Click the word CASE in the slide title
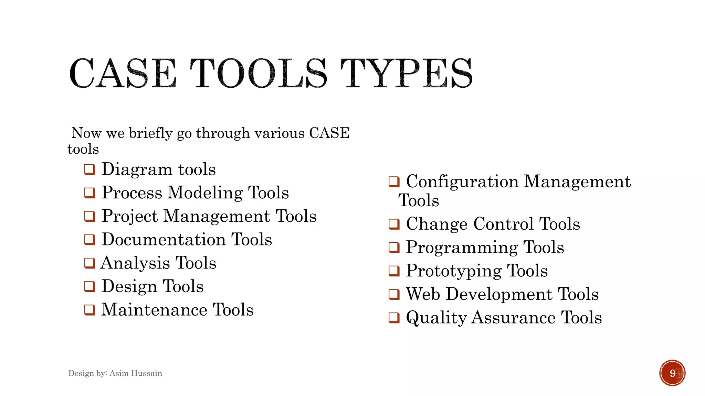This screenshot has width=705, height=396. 123,74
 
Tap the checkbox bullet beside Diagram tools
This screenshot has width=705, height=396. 90,169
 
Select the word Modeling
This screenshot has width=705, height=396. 205,193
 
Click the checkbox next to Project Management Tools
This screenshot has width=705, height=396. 90,216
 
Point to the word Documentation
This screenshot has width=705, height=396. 164,240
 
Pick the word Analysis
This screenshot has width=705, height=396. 135,263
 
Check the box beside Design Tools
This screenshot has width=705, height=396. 90,286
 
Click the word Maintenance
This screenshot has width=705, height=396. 154,310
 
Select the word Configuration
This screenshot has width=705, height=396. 462,181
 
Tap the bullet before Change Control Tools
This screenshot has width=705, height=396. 394,224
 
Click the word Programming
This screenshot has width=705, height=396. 462,247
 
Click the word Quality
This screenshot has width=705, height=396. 436,318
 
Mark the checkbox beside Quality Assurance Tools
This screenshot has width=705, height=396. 394,318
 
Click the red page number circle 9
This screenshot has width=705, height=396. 672,373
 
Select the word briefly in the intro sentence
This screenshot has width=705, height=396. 150,133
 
